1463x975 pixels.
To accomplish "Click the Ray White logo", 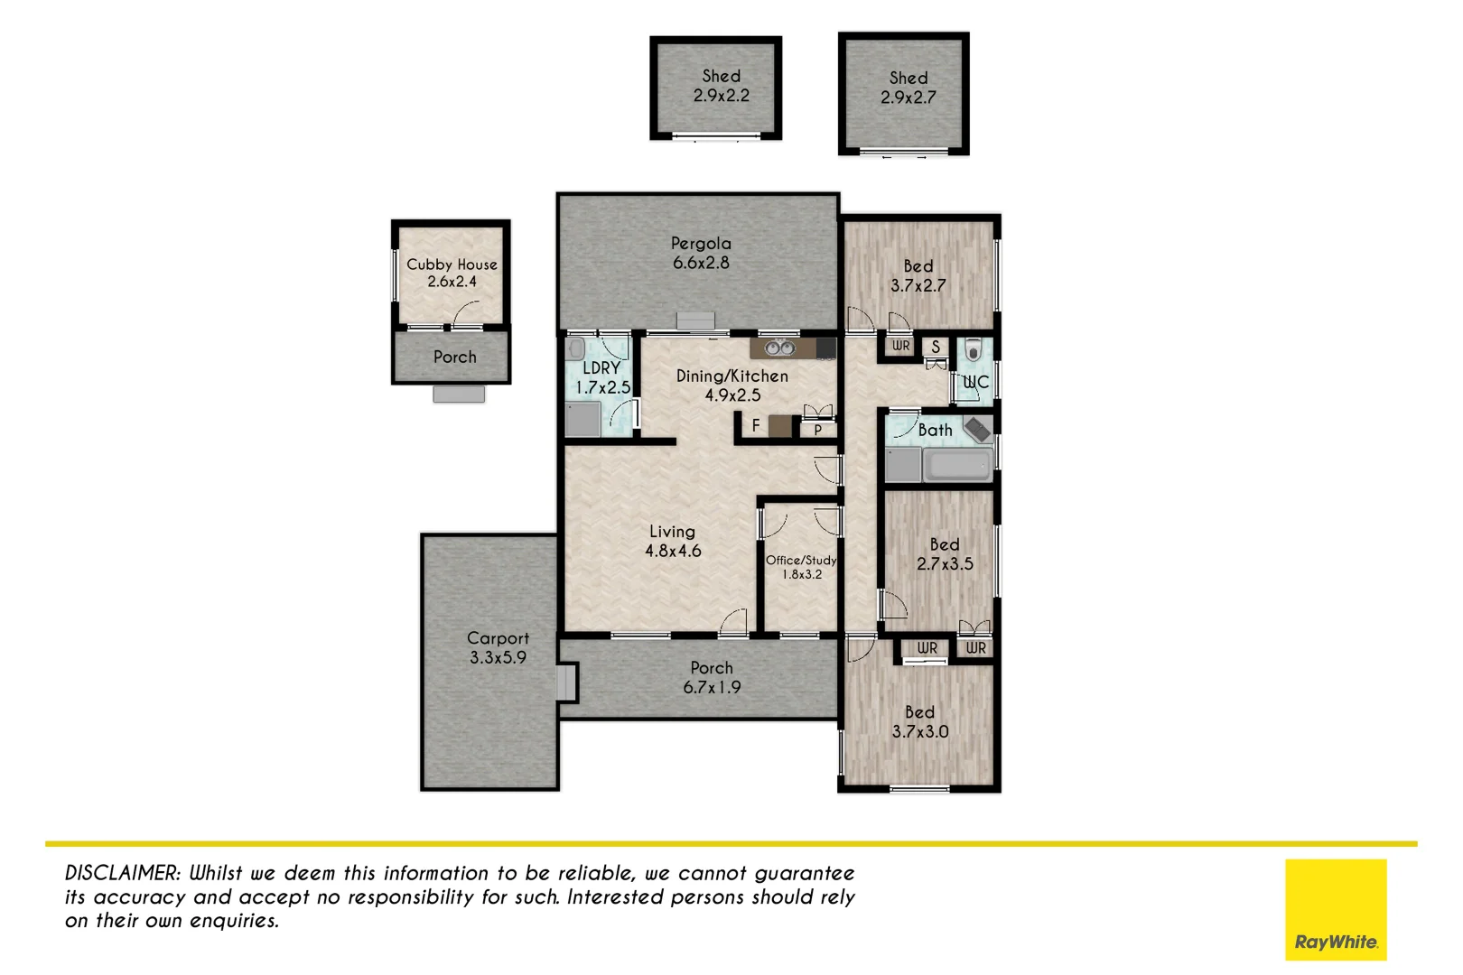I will click(1335, 910).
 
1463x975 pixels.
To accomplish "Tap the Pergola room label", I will click(701, 244).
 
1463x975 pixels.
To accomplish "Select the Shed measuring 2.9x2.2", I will click(721, 87).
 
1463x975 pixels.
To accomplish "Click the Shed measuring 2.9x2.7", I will click(908, 88).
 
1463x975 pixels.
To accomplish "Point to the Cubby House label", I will click(452, 265).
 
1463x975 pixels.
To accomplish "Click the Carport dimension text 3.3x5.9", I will click(498, 658).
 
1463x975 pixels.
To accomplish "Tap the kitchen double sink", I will click(778, 348).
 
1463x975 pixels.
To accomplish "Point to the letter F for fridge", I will click(756, 425).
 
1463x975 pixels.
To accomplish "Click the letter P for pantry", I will click(818, 430).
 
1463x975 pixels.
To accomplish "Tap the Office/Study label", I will click(801, 561).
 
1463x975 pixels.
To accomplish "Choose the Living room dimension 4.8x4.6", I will click(673, 551).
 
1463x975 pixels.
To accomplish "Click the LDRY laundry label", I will click(601, 368).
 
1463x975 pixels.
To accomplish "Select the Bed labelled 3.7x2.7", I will click(918, 276).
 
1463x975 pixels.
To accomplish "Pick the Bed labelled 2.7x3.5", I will click(945, 554).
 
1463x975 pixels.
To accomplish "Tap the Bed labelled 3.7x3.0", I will click(920, 722).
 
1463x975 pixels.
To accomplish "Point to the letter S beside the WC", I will click(936, 347).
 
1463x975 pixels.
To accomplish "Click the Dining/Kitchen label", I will click(731, 376).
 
